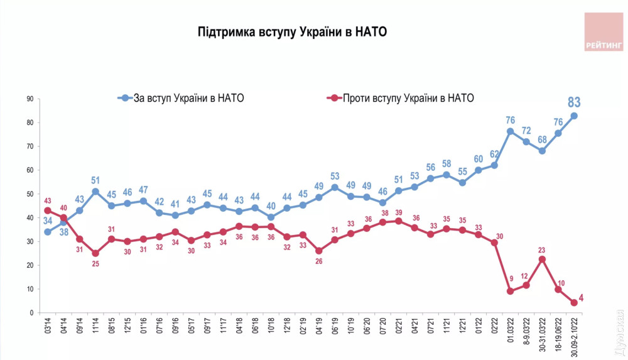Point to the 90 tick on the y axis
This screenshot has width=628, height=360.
[x=30, y=99]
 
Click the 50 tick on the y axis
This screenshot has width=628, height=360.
[x=30, y=194]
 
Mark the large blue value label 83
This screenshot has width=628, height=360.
[x=573, y=102]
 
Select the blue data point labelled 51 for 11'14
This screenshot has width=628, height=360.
[x=95, y=192]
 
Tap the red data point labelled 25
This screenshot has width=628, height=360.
[x=95, y=253]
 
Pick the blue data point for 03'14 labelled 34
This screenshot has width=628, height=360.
[x=47, y=232]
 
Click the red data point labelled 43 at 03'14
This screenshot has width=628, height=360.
[x=47, y=210]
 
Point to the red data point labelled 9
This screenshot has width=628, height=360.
[x=510, y=292]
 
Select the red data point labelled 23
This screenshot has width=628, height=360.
[x=542, y=259]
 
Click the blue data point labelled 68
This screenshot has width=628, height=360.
[x=542, y=151]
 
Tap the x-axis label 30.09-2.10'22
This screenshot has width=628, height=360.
[x=573, y=336]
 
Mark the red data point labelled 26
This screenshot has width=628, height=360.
[x=318, y=251]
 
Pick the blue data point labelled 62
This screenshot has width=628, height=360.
[x=494, y=165]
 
